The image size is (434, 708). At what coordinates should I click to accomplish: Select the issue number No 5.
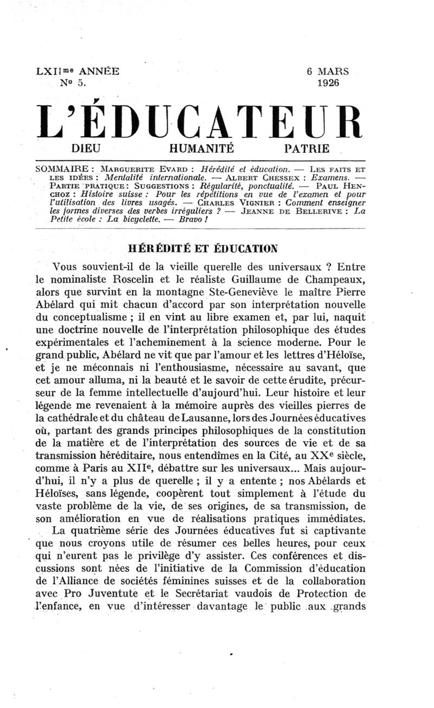point(75,83)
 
